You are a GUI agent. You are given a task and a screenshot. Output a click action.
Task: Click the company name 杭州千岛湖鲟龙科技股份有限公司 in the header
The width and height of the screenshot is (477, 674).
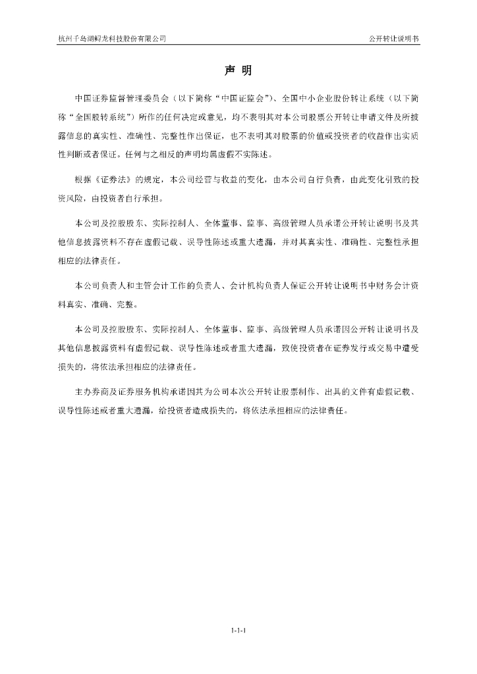(x=112, y=39)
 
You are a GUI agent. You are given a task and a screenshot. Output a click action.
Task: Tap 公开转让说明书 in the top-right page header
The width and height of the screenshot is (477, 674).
(x=394, y=39)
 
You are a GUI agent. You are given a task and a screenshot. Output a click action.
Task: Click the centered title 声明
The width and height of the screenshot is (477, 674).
(x=238, y=70)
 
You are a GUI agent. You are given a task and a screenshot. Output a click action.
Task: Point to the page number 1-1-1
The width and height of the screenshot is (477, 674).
(x=238, y=631)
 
